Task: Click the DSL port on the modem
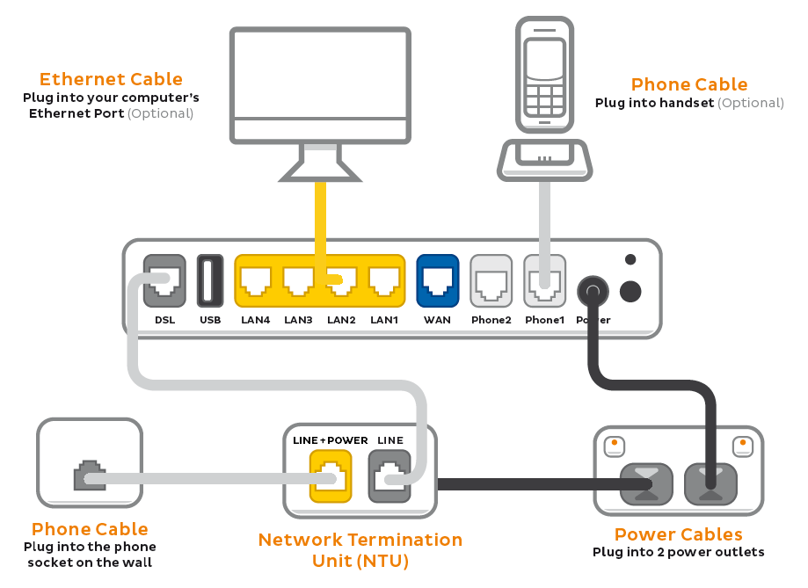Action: click(x=164, y=280)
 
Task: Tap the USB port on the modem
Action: click(x=210, y=280)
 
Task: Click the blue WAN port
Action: click(x=437, y=280)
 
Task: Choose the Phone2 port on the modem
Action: click(x=491, y=280)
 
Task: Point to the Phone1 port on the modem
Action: click(x=543, y=280)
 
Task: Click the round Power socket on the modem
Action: click(x=593, y=291)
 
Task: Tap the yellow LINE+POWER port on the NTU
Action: click(x=330, y=475)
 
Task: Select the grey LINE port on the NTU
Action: click(x=389, y=475)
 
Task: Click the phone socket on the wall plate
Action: click(x=89, y=475)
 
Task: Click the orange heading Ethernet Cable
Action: click(x=111, y=80)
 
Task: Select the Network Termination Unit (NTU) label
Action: click(x=360, y=549)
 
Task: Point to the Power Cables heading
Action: click(x=678, y=534)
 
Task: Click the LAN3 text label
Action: click(x=298, y=320)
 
